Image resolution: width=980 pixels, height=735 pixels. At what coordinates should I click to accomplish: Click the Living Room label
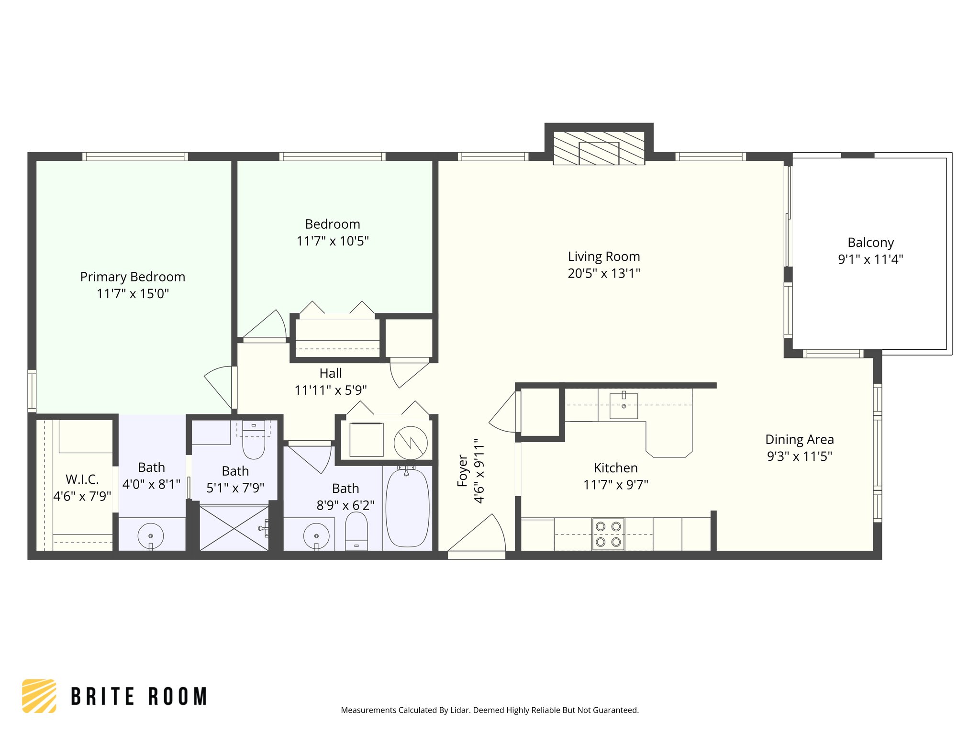tap(603, 256)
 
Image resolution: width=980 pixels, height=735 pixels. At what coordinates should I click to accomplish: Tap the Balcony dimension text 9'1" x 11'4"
tap(870, 259)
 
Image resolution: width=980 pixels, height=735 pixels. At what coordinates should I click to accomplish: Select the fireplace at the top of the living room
tap(599, 148)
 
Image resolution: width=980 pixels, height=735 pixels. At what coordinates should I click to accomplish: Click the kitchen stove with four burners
tap(608, 534)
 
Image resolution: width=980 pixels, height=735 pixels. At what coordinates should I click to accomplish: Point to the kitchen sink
tap(624, 406)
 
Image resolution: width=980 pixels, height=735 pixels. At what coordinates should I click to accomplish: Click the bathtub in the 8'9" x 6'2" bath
tap(407, 508)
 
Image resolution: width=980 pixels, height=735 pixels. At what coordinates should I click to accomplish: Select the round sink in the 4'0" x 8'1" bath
tap(151, 536)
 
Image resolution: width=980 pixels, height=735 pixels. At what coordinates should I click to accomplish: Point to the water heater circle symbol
tap(411, 443)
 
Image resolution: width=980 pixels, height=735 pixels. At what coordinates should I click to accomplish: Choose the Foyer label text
tap(462, 471)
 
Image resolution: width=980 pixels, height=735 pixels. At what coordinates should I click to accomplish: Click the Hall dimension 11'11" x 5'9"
tap(331, 390)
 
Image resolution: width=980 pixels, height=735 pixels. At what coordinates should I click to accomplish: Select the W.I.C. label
tap(82, 479)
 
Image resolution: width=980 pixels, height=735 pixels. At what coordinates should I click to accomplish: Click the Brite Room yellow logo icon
tap(39, 696)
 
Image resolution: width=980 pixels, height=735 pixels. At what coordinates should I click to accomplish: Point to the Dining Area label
tap(799, 439)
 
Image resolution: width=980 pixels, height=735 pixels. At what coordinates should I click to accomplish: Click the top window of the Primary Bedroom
tap(135, 156)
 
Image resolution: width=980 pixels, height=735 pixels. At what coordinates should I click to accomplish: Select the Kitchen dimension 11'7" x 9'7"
tap(615, 485)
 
